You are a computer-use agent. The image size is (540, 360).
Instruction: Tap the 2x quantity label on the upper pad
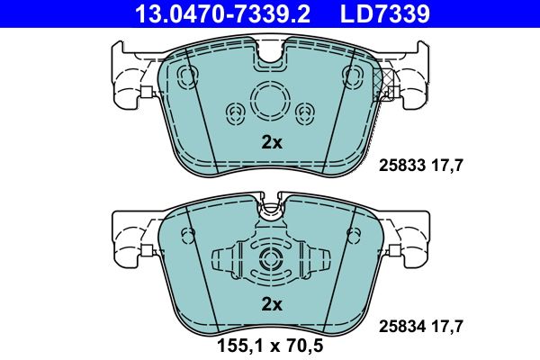coord(271,141)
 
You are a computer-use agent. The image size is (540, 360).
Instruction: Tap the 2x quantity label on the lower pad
coord(271,304)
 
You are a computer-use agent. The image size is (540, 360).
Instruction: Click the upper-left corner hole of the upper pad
coord(188,75)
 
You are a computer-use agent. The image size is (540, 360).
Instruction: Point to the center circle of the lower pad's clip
coord(271,260)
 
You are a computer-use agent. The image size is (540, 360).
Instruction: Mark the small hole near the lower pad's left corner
coord(188,235)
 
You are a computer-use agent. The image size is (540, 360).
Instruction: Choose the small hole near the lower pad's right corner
coord(354,235)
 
